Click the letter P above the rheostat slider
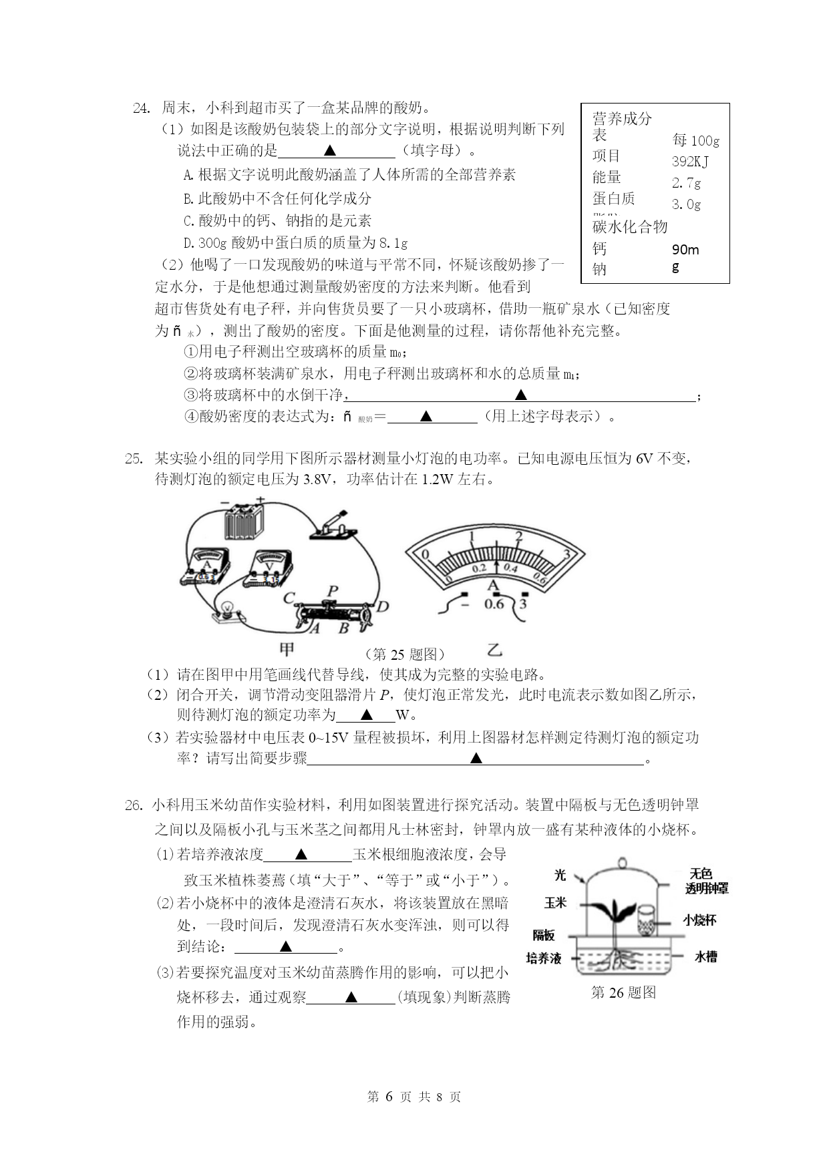[332, 591]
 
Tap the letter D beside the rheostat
[382, 606]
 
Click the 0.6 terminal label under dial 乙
[494, 604]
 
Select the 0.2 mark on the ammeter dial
[478, 568]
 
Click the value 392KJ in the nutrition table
[690, 162]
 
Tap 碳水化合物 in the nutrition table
[630, 227]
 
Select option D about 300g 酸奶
[295, 242]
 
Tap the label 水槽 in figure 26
[705, 956]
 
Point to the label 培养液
[543, 958]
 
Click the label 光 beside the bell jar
[560, 874]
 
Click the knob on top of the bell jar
[623, 862]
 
